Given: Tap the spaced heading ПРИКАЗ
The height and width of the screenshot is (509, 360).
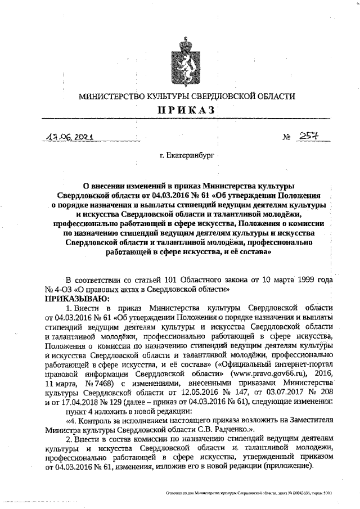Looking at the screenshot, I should point(187,111).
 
